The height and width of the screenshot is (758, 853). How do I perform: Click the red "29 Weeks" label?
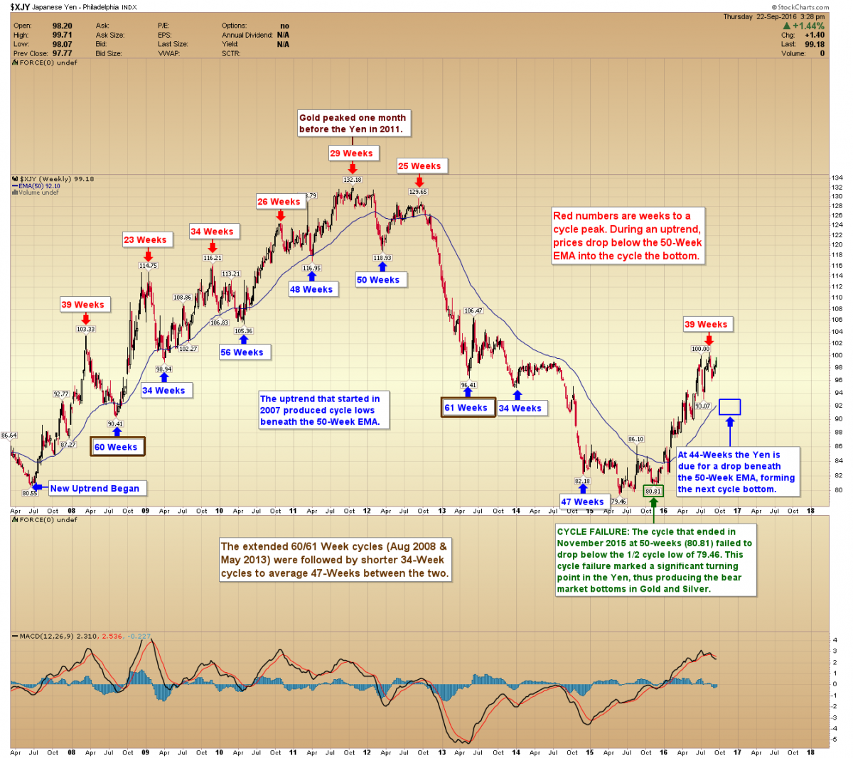click(351, 153)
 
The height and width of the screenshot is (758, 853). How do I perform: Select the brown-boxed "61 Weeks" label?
click(467, 408)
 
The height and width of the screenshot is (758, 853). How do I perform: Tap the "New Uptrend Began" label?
click(95, 488)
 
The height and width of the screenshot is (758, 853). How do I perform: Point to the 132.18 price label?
click(353, 180)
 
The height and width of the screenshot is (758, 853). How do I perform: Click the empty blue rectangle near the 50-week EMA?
click(729, 407)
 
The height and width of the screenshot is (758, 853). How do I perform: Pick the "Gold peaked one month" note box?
click(353, 123)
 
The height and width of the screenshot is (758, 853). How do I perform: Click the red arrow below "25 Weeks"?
click(419, 182)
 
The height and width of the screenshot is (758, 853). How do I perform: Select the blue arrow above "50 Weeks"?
click(382, 266)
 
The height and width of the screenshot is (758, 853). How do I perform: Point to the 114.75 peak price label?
click(148, 266)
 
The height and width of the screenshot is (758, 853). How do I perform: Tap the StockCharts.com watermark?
click(800, 7)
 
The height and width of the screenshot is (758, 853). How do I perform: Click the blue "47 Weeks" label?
click(582, 502)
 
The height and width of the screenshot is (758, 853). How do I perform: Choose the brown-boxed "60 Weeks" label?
click(116, 447)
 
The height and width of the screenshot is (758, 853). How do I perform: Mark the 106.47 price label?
click(473, 310)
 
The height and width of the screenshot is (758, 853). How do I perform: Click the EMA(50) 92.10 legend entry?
click(39, 186)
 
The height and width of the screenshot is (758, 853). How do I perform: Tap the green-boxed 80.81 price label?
click(653, 491)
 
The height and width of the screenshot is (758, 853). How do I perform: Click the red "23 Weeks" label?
click(145, 239)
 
